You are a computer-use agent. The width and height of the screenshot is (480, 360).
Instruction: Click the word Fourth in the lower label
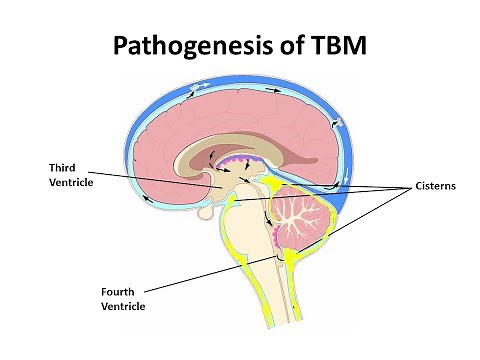click(x=117, y=292)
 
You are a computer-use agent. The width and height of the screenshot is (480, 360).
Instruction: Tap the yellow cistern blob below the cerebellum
click(x=291, y=262)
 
